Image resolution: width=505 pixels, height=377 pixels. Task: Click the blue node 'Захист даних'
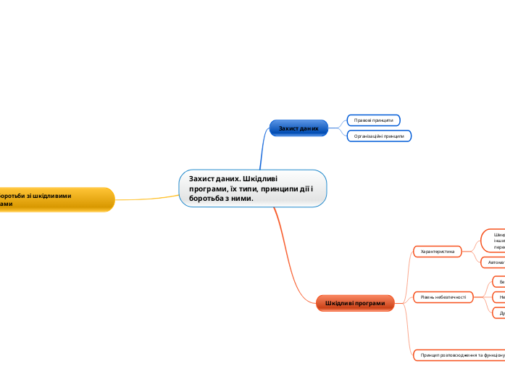coord(299,128)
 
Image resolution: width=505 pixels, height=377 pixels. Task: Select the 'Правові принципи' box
coord(373,120)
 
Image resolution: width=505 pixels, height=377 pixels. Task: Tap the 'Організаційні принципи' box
coord(379,136)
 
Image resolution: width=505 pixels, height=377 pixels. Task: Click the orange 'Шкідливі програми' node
coord(355,303)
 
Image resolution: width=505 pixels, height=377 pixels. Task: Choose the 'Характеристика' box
coord(437,252)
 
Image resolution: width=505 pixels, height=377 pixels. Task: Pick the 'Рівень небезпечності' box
coord(442,297)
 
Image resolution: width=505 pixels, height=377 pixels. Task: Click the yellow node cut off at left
coord(54,199)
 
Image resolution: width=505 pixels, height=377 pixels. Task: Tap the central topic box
coord(253,188)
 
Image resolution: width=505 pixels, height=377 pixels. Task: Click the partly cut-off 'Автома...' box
coord(493,262)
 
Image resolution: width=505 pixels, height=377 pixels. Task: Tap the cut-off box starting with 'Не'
coord(498,297)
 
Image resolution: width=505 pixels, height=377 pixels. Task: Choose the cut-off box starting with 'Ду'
coord(498,313)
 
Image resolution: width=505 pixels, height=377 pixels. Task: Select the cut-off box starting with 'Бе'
coord(498,281)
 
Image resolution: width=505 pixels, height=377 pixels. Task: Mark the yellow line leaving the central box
coord(149,197)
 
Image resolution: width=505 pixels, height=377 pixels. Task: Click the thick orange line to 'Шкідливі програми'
coord(290,261)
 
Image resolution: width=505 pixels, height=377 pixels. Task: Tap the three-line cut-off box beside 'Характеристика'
coord(494,241)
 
